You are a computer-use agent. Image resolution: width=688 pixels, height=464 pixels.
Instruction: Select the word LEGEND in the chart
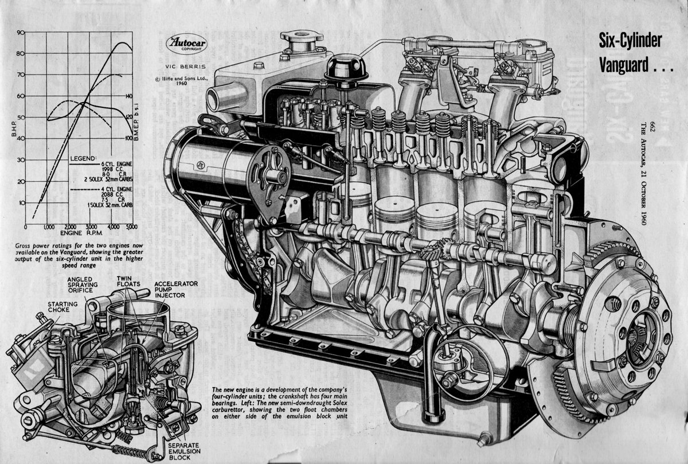[83, 158]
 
